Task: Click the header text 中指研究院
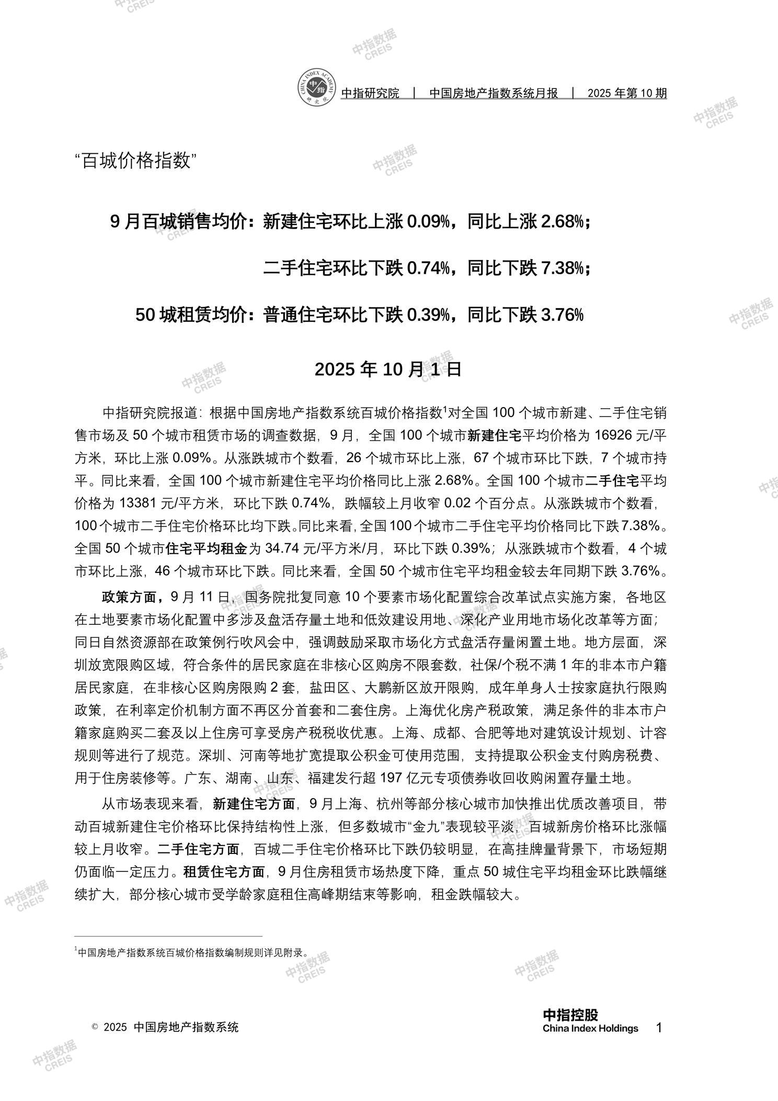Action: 370,93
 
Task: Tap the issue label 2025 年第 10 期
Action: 627,93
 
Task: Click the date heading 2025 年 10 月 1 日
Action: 388,369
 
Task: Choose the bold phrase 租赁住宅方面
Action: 224,872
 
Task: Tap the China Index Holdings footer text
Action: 590,1028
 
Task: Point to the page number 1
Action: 659,1027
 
